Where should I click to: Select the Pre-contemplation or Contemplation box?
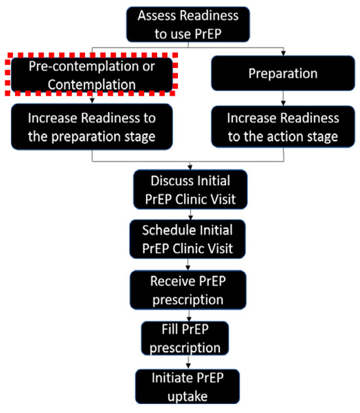(x=92, y=75)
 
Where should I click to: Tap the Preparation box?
(x=282, y=74)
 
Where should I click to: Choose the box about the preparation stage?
(x=92, y=128)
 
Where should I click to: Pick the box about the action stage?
(x=282, y=128)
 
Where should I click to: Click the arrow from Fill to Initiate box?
(x=189, y=363)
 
